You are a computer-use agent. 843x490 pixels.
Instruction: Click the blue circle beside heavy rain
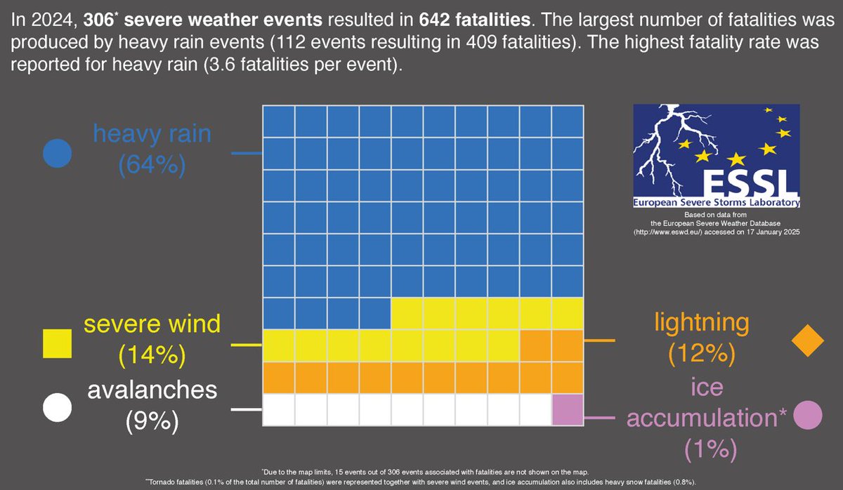pos(57,153)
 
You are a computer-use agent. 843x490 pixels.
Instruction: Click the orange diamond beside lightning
pos(807,341)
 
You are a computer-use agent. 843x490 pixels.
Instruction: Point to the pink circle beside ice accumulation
pos(806,416)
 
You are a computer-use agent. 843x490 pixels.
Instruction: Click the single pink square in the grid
pos(567,409)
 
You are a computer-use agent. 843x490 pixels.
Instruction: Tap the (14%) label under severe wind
pos(152,356)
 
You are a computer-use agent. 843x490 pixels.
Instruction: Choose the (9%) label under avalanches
pos(152,421)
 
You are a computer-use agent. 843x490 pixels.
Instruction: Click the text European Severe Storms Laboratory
pos(717,203)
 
